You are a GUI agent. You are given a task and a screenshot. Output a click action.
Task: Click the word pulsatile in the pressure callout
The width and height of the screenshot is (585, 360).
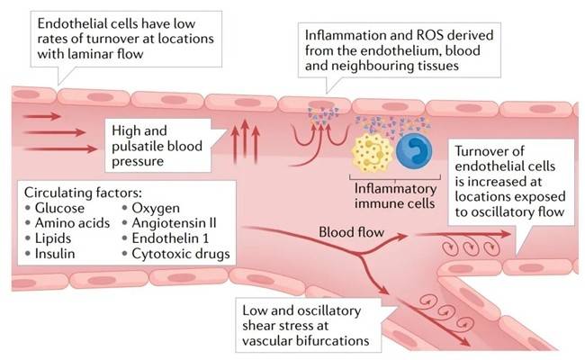135,148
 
